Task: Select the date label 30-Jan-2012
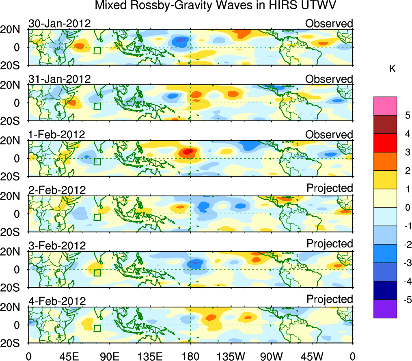click(x=59, y=24)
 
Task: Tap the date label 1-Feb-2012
click(x=56, y=134)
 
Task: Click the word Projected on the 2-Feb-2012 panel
click(x=330, y=188)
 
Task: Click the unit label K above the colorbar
click(x=392, y=69)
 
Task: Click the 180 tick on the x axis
click(x=190, y=356)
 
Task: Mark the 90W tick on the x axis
click(x=271, y=356)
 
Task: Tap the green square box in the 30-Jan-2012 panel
click(x=97, y=50)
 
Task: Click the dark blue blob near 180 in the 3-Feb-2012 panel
click(x=196, y=263)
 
